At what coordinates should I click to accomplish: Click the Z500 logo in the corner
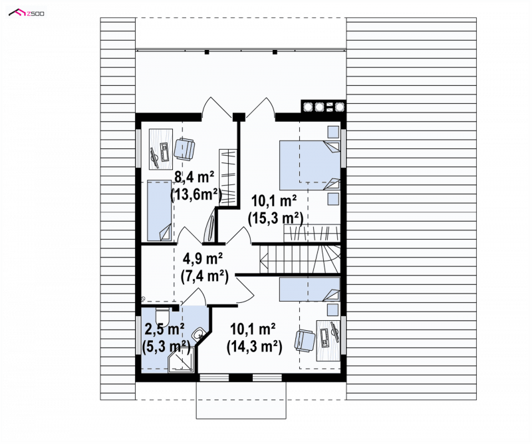coord(27,13)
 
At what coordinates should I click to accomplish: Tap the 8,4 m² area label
coord(194,178)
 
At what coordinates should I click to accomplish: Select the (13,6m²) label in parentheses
coord(196,195)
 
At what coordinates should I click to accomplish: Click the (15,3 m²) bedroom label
coord(275,218)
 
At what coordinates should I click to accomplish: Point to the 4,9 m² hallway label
coord(203,259)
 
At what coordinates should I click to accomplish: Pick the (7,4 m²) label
coord(204,276)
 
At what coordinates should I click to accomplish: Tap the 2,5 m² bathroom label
coord(165,329)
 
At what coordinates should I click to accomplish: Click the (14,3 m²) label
coord(254,347)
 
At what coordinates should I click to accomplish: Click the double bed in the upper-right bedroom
coord(309,165)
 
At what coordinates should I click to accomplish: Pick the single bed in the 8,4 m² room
coord(159,211)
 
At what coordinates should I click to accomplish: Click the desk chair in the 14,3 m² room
coord(305,341)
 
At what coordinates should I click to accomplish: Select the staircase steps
coord(300,259)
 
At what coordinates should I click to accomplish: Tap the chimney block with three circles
coord(323,107)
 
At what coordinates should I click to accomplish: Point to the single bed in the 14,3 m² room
coord(309,289)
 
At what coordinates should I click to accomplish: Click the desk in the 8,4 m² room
coord(161,148)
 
